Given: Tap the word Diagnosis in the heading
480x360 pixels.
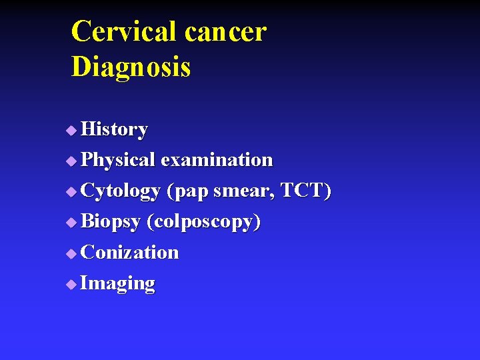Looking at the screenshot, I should tap(131, 67).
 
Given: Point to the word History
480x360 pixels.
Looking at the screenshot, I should tap(114, 129).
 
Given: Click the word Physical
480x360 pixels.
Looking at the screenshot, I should tap(117, 160).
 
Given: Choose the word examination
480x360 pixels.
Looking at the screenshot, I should tap(217, 160).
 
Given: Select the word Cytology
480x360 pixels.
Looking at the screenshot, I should tap(120, 191).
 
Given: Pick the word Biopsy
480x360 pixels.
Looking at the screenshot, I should tap(110, 222).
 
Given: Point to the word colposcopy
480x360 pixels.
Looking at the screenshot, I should tap(204, 222).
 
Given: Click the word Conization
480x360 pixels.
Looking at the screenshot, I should tap(129, 252).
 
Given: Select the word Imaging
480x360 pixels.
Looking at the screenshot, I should tap(117, 283).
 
